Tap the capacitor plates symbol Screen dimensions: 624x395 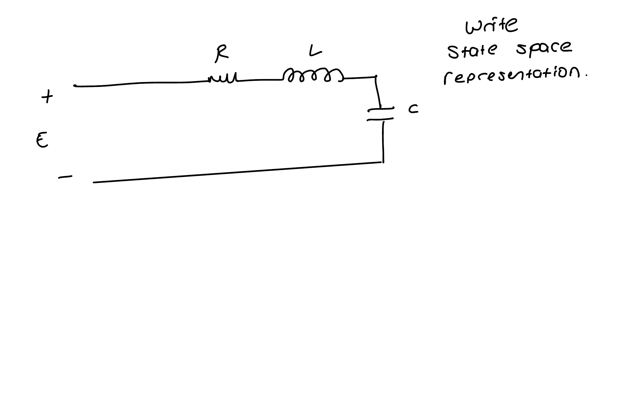(x=381, y=114)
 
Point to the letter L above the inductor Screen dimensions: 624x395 (x=315, y=52)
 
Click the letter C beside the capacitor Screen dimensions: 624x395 (x=413, y=109)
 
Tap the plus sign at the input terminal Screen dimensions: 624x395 (x=47, y=97)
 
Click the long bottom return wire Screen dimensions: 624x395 (x=238, y=173)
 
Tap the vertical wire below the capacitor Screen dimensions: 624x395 (x=383, y=142)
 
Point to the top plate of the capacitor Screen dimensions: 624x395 (x=381, y=109)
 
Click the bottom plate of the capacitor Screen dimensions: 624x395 (x=380, y=119)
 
